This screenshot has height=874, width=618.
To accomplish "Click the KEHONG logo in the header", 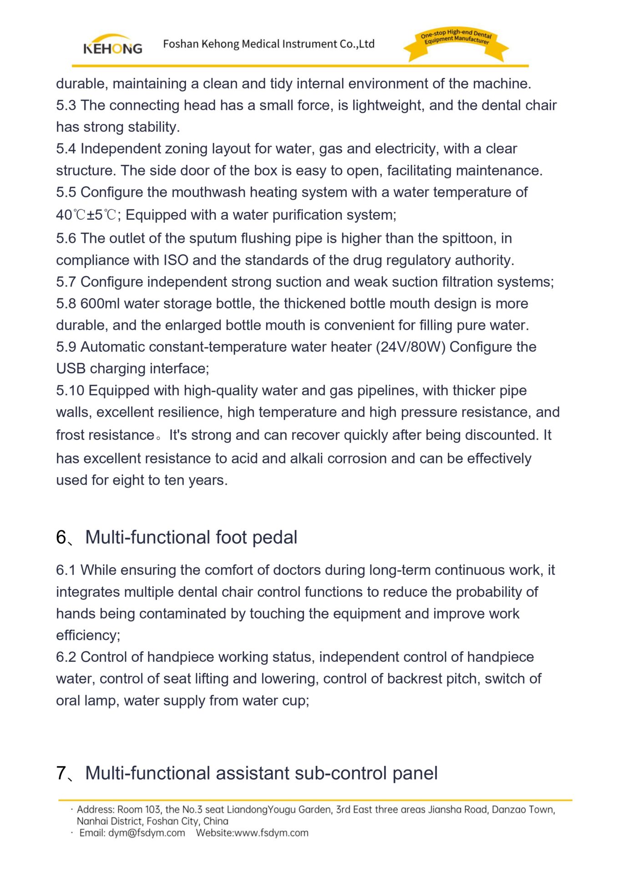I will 112,45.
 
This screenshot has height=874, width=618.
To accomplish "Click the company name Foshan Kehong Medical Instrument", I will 268,44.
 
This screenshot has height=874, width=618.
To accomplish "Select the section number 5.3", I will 66,105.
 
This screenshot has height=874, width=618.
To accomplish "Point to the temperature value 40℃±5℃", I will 86,215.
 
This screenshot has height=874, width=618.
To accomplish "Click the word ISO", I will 176,260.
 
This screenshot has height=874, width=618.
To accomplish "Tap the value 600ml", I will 100,303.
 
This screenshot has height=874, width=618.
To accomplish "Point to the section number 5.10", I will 70,390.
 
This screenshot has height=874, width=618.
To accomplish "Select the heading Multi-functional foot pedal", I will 191,537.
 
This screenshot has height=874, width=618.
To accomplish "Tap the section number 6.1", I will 66,570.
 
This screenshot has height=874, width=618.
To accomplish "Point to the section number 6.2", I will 66,657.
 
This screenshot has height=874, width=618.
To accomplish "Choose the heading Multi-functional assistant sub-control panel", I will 261,773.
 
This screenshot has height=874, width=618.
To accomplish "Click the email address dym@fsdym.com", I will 147,833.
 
